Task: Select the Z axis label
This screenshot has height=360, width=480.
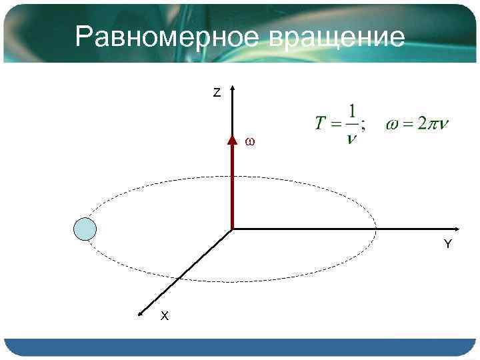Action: click(217, 93)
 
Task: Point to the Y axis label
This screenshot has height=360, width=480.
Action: click(447, 244)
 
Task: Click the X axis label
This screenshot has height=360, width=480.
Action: click(164, 316)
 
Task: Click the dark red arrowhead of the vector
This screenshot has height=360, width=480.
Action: click(232, 140)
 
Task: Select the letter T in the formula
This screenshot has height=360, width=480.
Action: click(321, 124)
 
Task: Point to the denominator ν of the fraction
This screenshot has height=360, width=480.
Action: click(351, 138)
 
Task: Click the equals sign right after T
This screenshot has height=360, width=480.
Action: click(335, 125)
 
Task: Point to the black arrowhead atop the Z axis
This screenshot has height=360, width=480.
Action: click(232, 89)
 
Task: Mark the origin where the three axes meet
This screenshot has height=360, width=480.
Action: click(232, 229)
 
